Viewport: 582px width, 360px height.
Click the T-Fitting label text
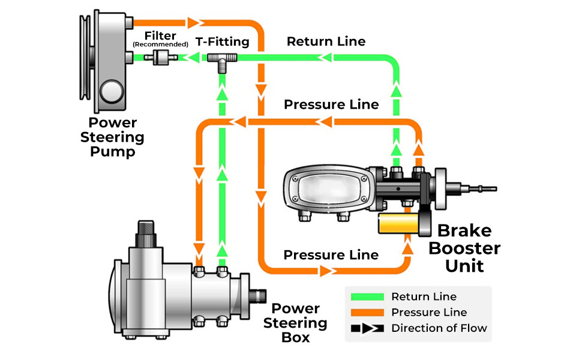[x=223, y=42]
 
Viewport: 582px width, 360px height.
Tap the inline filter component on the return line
[x=161, y=58]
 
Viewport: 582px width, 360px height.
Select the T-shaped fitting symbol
[x=221, y=60]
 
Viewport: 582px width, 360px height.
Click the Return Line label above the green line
[x=326, y=41]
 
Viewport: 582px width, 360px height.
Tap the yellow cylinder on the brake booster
[x=398, y=224]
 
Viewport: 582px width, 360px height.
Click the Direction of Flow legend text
[x=439, y=328]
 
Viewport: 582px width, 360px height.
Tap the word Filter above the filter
[x=160, y=35]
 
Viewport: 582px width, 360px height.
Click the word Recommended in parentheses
[x=160, y=44]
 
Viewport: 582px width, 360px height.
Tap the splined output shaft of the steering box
[x=259, y=296]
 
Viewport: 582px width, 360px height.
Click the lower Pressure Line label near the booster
[x=331, y=254]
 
